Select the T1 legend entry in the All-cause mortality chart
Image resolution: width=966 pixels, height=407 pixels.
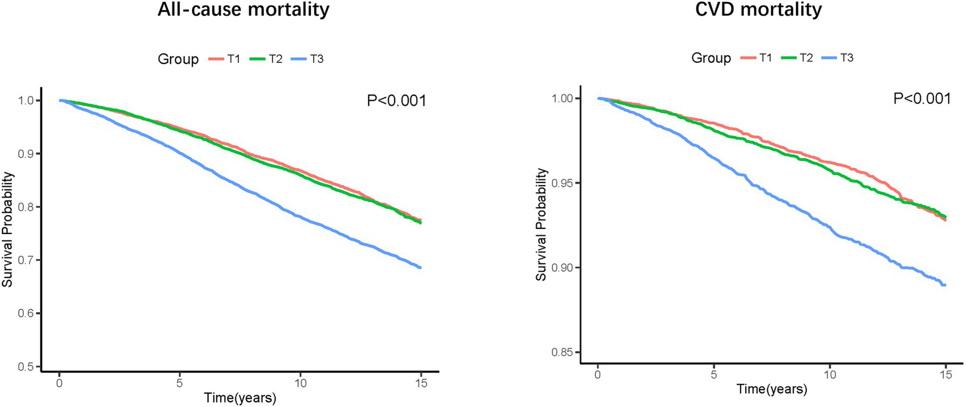pyautogui.click(x=226, y=59)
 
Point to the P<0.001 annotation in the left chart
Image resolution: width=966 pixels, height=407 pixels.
pyautogui.click(x=396, y=101)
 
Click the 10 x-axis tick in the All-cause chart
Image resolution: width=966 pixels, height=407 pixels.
pyautogui.click(x=300, y=382)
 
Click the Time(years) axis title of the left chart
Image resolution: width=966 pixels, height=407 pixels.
pyautogui.click(x=240, y=398)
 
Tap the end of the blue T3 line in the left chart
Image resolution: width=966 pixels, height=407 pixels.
pyautogui.click(x=420, y=268)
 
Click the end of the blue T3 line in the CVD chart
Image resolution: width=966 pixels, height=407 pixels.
pyautogui.click(x=945, y=285)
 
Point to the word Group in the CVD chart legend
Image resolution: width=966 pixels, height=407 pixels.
pyautogui.click(x=711, y=59)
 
